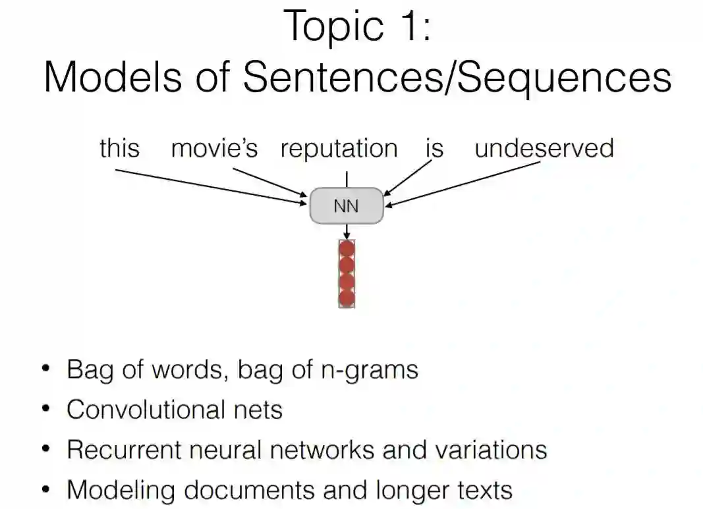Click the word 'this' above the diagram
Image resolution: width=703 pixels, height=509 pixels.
[119, 148]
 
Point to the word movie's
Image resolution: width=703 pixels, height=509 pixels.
[214, 149]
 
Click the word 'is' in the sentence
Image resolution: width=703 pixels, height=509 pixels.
[434, 148]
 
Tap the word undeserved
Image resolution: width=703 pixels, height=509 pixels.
[544, 148]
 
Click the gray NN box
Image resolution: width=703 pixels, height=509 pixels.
[346, 206]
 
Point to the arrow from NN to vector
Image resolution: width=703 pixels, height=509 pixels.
[347, 231]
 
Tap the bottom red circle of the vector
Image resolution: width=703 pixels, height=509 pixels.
[347, 298]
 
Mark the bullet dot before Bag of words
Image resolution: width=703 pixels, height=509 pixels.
[45, 369]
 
